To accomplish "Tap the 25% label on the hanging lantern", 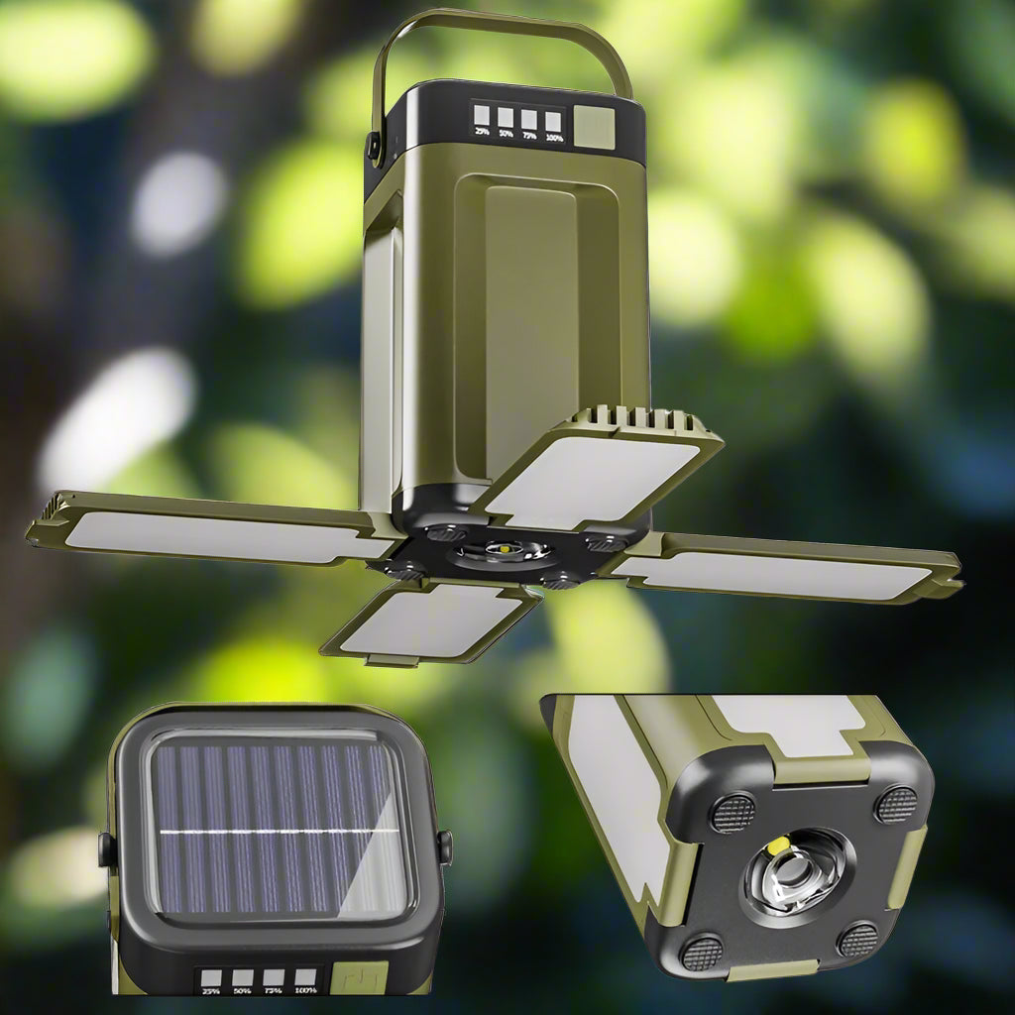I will tap(482, 131).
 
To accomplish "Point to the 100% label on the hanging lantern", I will tap(554, 137).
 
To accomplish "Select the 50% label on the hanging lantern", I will tap(506, 133).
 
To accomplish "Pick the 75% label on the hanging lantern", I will tap(529, 135).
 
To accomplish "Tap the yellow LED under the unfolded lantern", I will tap(504, 547).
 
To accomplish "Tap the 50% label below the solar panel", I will tap(242, 989).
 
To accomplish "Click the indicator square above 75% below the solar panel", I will tap(274, 976).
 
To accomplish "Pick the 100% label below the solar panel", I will tap(305, 989).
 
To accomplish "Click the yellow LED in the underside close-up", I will tap(779, 846).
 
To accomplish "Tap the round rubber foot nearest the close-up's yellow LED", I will tap(733, 813).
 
